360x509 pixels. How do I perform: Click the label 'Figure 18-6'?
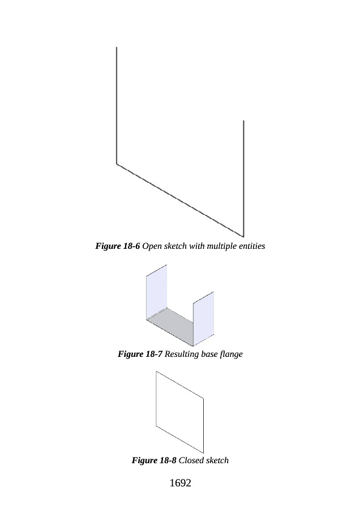tap(117, 247)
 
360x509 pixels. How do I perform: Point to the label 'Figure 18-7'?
tap(140, 355)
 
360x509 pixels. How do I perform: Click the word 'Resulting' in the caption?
tap(182, 355)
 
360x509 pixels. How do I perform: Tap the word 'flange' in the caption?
tap(230, 355)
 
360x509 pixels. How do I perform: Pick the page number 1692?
tap(180, 484)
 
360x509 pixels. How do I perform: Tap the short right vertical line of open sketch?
tap(243, 175)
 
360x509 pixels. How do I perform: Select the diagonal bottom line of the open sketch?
tap(180, 200)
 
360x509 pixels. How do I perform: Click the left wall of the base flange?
tap(156, 294)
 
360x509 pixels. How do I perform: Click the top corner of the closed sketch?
tap(156, 372)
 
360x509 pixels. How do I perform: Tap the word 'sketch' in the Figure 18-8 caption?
tap(217, 461)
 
